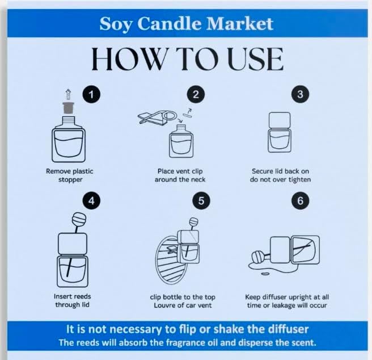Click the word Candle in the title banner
pos(170,23)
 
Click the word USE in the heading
pos(256,59)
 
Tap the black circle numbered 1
pos(91,94)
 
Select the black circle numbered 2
pos(196,94)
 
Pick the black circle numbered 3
pos(300,94)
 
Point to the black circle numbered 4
pos(91,200)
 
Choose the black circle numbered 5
pos(201,200)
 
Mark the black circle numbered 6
pos(300,200)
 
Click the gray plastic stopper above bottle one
pos(69,108)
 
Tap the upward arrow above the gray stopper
pos(68,94)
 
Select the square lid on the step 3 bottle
pos(280,120)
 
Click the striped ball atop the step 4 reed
pos(79,219)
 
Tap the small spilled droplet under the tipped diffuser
pos(265,274)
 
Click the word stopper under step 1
pos(70,179)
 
